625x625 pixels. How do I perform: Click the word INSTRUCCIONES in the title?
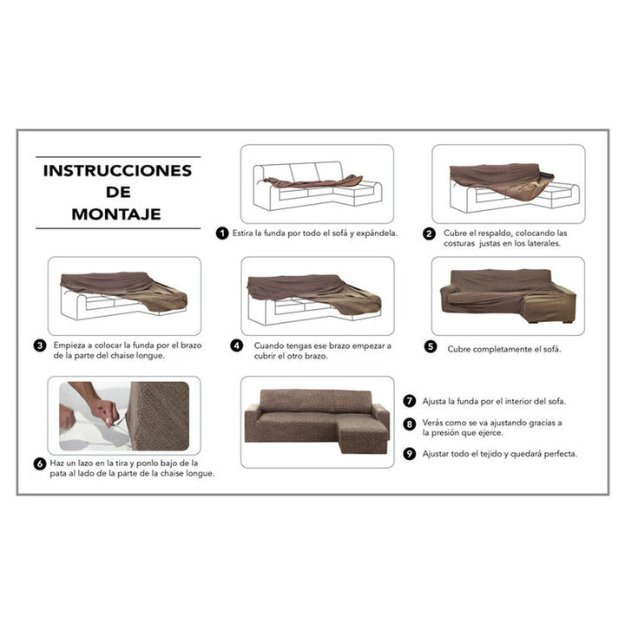(x=117, y=171)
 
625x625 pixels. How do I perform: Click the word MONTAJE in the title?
(x=117, y=214)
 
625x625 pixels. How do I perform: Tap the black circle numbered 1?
(x=223, y=234)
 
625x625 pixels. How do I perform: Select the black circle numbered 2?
(x=429, y=234)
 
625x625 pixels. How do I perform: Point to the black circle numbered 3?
(x=40, y=345)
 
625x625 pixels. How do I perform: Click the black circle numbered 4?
(x=236, y=345)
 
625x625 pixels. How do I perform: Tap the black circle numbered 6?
(x=40, y=464)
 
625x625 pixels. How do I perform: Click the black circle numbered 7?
(x=410, y=400)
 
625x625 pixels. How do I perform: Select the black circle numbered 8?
(x=410, y=424)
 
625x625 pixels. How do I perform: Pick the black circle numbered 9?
(x=410, y=452)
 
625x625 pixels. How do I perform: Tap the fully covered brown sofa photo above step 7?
(x=316, y=421)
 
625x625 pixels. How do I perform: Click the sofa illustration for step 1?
(x=316, y=184)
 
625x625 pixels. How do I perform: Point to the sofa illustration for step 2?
(x=508, y=184)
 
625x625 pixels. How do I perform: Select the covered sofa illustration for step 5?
(x=508, y=296)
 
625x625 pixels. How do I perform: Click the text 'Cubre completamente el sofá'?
(x=504, y=349)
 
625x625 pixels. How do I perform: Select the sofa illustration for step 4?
(x=316, y=296)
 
